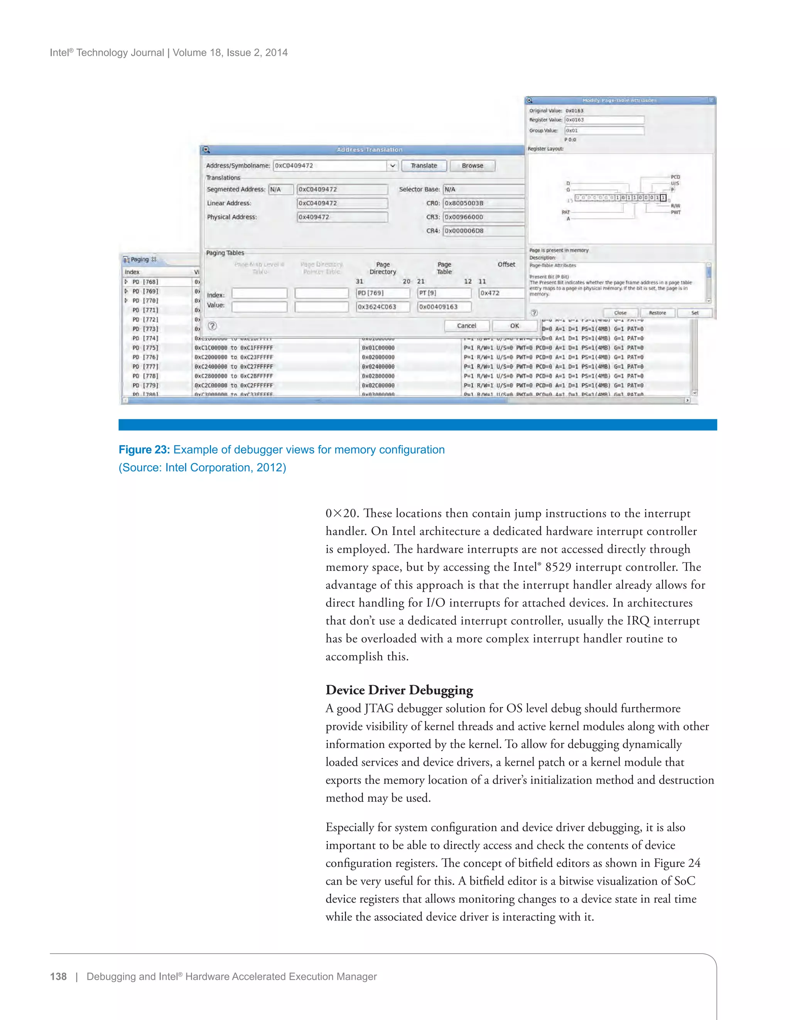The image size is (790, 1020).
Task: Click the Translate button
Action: tap(424, 166)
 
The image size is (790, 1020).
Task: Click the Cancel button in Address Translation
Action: tap(466, 326)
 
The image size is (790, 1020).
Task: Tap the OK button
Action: tap(514, 326)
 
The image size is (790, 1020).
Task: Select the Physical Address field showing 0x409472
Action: tap(342, 217)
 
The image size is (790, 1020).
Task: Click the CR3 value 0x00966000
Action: tap(483, 217)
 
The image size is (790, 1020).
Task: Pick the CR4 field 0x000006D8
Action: tap(483, 231)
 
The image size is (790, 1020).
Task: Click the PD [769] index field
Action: tap(382, 293)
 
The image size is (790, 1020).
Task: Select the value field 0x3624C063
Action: tap(382, 307)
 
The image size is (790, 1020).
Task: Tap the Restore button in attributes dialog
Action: tap(657, 313)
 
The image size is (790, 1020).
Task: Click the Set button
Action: tap(694, 313)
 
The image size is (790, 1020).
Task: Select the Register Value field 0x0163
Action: tap(604, 120)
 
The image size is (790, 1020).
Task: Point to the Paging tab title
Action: tap(140, 260)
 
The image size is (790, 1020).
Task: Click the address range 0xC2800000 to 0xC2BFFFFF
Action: tap(233, 376)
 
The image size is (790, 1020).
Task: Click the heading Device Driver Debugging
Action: tap(399, 690)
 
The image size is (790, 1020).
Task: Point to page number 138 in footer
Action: tap(58, 976)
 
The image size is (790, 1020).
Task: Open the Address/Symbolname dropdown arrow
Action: tap(393, 166)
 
